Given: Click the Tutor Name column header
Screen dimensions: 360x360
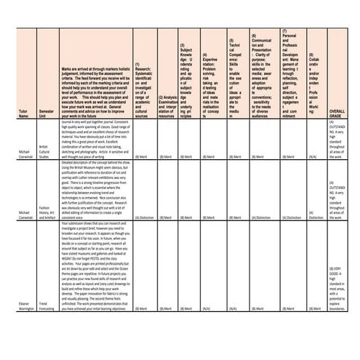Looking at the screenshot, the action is pyautogui.click(x=24, y=115).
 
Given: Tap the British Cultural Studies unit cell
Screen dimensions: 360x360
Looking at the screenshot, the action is pyautogui.click(x=46, y=152).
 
